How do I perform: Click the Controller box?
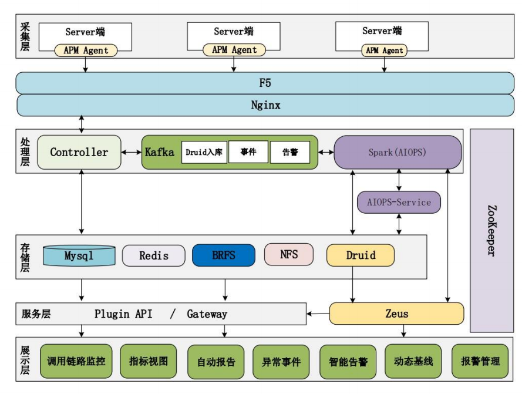point(79,152)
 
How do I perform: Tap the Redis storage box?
point(154,255)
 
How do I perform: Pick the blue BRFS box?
point(224,255)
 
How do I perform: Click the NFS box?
point(289,254)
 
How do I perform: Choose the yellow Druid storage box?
point(361,255)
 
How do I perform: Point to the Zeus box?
point(396,314)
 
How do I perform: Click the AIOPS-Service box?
point(399,202)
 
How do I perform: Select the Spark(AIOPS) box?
point(398,152)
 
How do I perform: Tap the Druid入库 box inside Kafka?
point(204,152)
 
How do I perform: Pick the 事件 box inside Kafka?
point(248,151)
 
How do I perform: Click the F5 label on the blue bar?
point(265,83)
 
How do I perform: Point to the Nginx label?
point(265,106)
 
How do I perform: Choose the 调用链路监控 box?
point(76,361)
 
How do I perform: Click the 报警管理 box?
point(480,361)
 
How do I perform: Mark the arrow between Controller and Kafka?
point(131,152)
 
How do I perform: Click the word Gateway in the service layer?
point(207,314)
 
